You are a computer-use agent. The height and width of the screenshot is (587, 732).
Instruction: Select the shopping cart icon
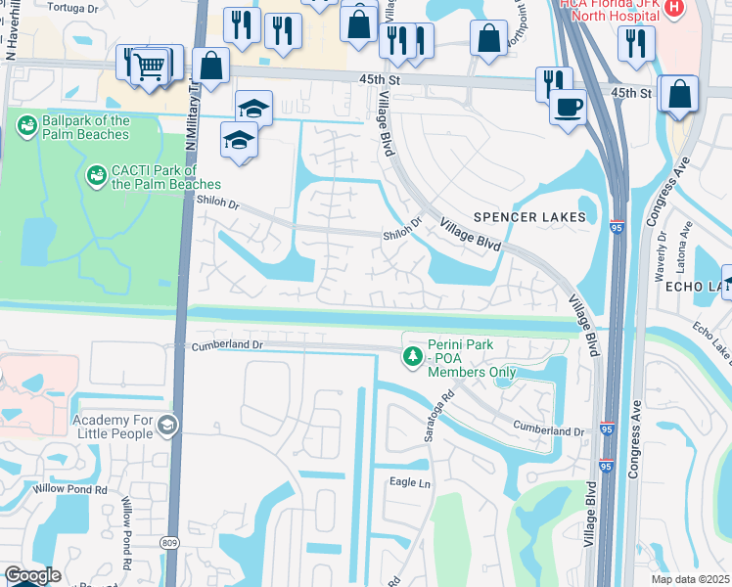[149, 68]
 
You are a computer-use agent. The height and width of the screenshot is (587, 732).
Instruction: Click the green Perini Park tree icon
[413, 358]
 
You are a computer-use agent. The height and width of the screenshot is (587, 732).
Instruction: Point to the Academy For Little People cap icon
[167, 425]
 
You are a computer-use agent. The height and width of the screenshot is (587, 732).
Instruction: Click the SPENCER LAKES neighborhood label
[529, 216]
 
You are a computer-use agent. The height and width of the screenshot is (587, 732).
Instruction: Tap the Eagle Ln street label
[410, 482]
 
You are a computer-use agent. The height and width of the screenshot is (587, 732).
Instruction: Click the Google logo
[32, 575]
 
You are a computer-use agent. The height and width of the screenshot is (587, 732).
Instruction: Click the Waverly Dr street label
[663, 251]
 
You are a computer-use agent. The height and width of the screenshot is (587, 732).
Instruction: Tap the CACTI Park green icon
[97, 176]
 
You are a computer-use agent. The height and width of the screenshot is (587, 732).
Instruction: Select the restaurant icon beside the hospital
[636, 43]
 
